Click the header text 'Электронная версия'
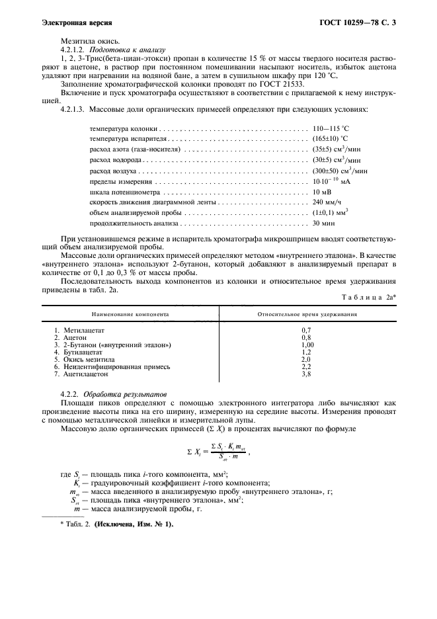pyautogui.click(x=72, y=24)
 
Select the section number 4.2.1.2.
pyautogui.click(x=75, y=50)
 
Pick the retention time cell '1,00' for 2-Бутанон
pyautogui.click(x=307, y=345)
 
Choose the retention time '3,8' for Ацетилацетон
pyautogui.click(x=307, y=374)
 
